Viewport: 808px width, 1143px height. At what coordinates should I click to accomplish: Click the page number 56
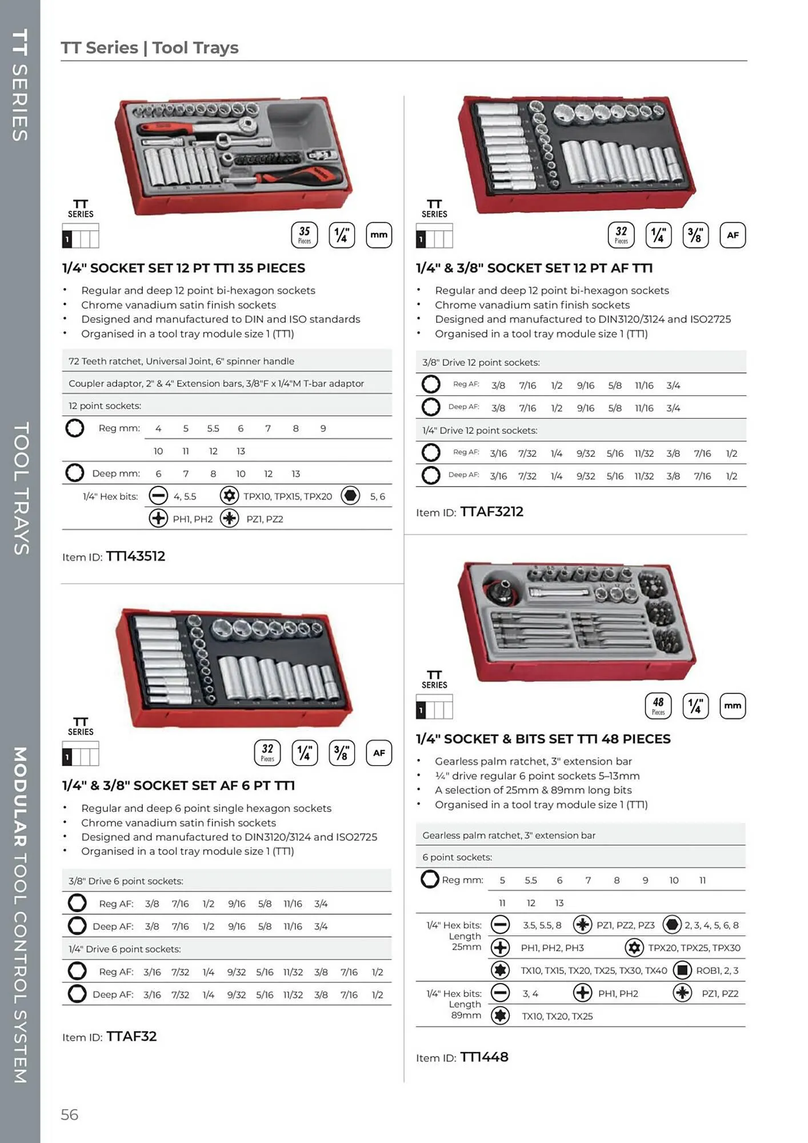69,1114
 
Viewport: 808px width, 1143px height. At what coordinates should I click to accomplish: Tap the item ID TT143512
135,556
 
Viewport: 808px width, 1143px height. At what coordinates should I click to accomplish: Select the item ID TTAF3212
491,511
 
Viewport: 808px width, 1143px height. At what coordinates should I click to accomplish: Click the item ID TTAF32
131,1036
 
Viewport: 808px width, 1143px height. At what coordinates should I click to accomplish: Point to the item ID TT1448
484,1057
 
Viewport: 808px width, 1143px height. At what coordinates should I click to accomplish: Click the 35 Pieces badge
305,235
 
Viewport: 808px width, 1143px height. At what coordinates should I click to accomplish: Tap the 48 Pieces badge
658,706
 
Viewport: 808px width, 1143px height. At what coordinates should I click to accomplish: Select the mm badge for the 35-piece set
378,235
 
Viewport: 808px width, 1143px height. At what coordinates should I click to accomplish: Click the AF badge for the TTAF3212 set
733,235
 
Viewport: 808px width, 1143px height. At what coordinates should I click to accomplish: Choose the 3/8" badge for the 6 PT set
341,753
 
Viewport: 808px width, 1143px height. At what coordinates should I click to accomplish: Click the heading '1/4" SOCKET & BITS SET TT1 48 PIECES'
543,738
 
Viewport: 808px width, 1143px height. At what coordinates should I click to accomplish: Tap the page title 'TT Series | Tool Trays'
150,47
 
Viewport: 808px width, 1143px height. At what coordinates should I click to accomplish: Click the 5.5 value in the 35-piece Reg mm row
213,428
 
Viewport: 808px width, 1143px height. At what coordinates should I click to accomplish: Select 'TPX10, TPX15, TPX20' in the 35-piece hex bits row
287,496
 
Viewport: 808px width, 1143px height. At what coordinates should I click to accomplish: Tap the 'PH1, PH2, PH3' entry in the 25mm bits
552,948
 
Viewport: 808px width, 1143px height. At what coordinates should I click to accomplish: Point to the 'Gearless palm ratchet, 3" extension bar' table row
509,835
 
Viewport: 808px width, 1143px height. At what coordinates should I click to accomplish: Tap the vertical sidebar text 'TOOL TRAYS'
21,489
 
